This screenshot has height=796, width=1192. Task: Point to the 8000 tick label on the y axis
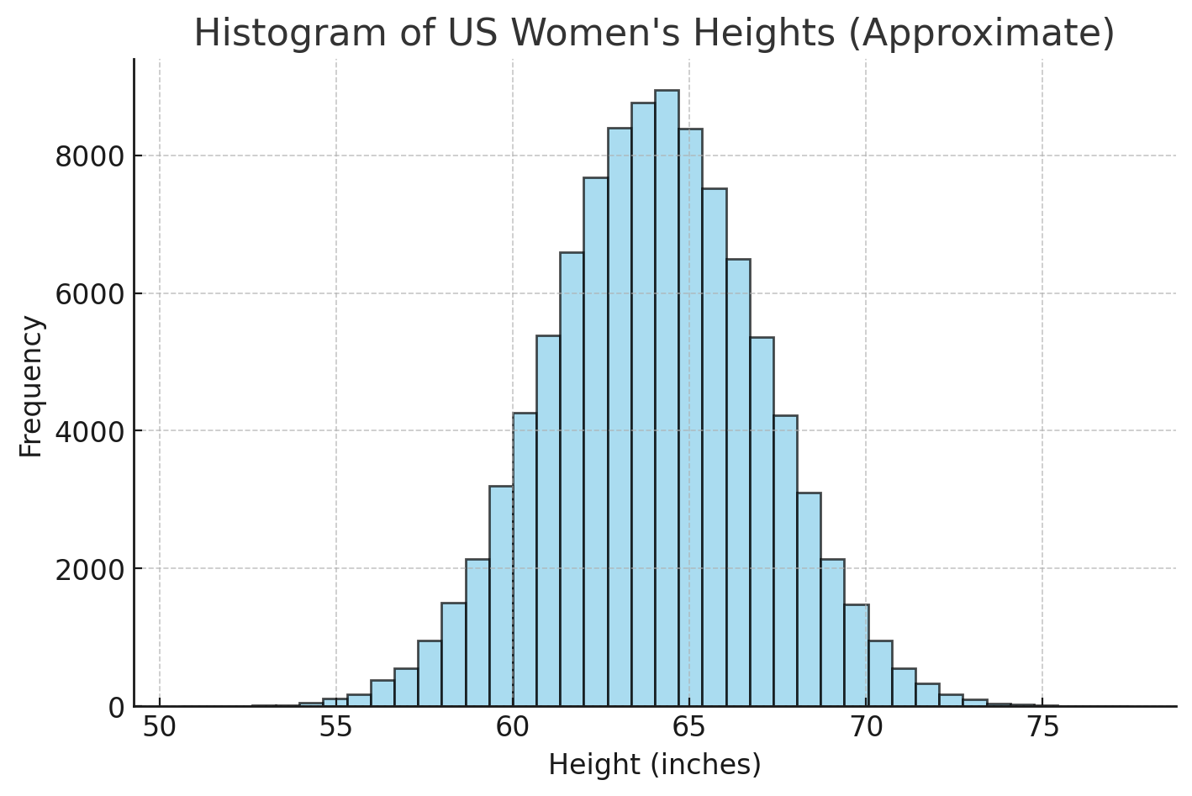point(89,156)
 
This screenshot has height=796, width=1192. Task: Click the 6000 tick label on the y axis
point(89,294)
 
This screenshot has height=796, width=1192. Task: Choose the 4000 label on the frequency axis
point(89,431)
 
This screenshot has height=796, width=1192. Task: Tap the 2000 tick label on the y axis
point(89,569)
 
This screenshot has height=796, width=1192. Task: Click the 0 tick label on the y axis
point(115,707)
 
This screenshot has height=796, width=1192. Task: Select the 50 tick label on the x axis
point(160,728)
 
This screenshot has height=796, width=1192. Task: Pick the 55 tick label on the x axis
point(335,728)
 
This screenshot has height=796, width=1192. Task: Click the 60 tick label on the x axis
point(513,728)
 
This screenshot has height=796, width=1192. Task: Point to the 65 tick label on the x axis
point(689,728)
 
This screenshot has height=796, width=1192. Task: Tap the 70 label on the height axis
point(866,728)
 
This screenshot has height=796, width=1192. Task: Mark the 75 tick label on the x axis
point(1042,728)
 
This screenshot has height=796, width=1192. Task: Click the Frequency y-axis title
point(31,386)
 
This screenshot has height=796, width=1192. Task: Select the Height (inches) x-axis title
point(655,765)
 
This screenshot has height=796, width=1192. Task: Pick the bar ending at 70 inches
point(856,656)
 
